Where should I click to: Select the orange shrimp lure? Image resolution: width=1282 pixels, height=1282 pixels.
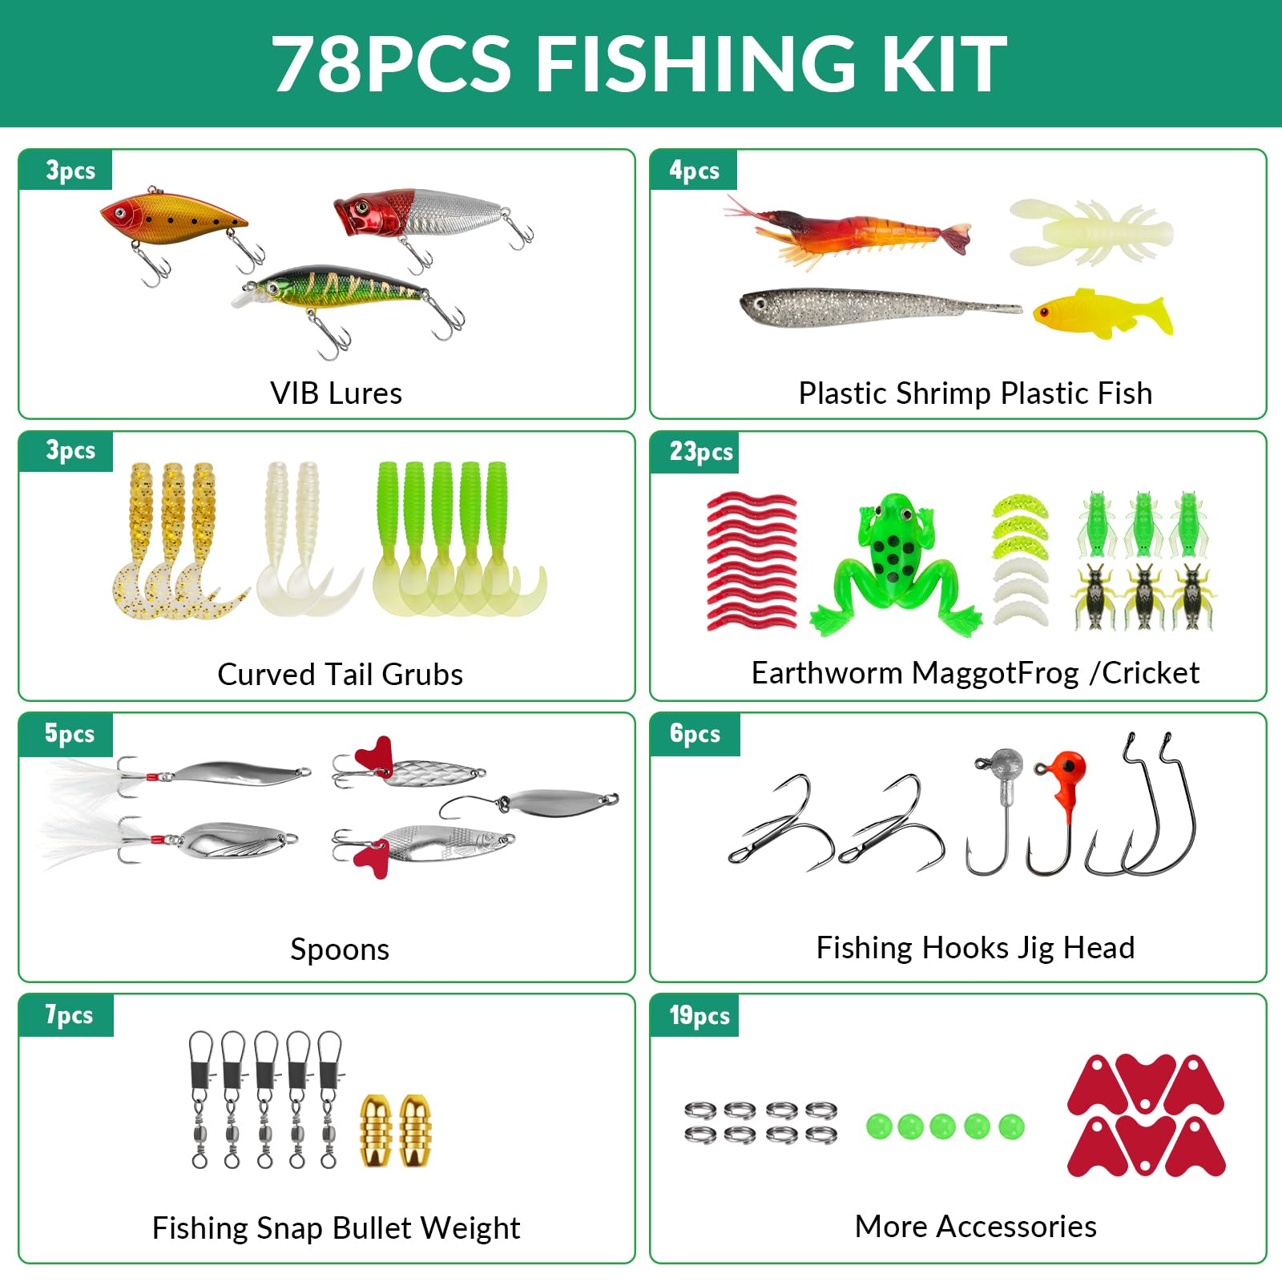click(849, 230)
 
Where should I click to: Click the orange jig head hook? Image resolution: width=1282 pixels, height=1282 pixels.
click(1059, 809)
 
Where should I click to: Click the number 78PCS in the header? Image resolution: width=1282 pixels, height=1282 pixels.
click(391, 64)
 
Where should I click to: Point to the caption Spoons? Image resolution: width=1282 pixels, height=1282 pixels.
click(340, 949)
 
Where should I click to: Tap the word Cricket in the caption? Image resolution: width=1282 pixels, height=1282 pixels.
click(1151, 673)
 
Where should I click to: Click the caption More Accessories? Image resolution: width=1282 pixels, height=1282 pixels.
click(976, 1227)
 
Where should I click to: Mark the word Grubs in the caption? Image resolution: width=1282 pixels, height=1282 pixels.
click(422, 675)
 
